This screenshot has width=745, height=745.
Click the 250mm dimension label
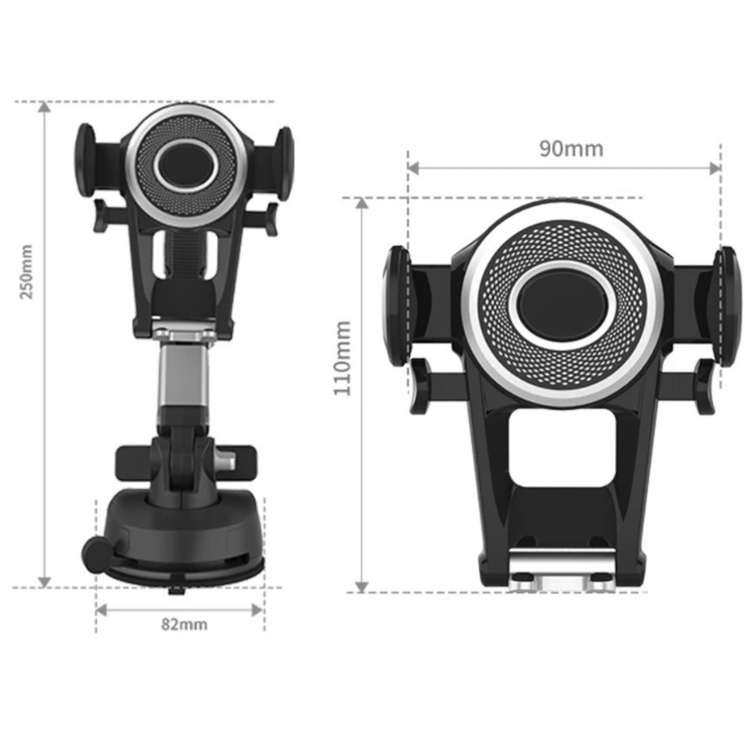[27, 271]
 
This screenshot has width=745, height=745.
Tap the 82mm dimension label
[184, 625]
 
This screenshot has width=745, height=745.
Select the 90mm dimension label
[571, 149]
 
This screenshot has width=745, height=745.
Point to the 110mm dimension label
[343, 358]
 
